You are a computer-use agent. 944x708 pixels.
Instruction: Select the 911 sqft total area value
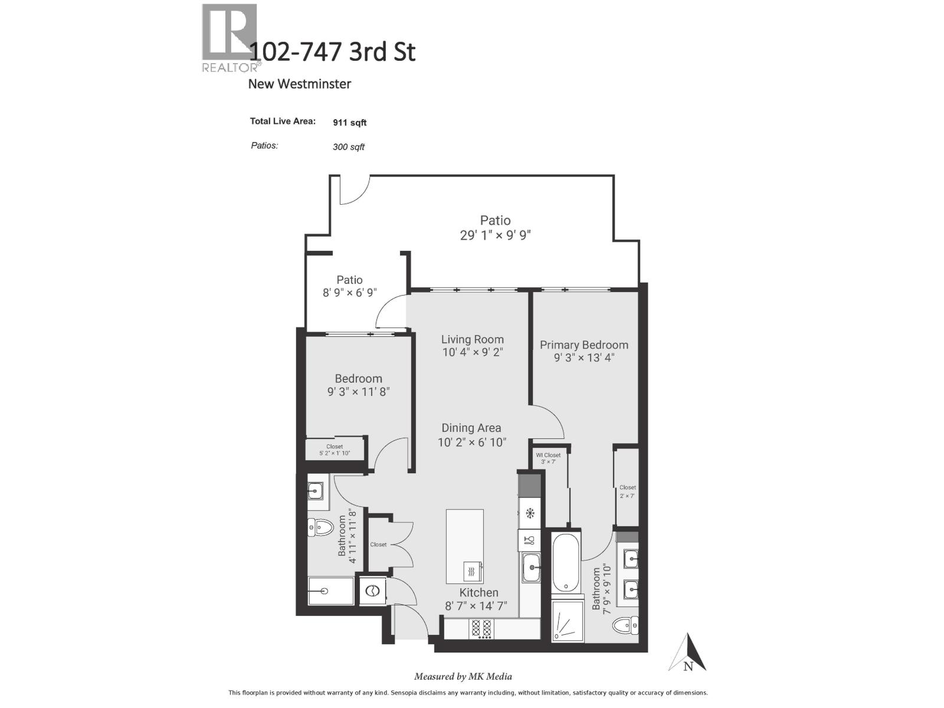click(x=349, y=123)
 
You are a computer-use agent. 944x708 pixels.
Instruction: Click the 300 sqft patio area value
click(x=348, y=147)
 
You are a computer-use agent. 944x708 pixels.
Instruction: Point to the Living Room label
click(x=472, y=339)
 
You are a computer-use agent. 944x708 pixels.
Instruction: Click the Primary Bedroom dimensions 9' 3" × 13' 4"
click(x=584, y=358)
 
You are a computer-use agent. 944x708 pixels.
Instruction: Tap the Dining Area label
click(x=471, y=428)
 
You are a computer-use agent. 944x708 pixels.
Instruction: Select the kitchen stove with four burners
click(x=481, y=628)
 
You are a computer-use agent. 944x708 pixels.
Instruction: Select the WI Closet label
click(x=548, y=455)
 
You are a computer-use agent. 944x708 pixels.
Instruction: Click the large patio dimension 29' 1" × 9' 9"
click(x=495, y=235)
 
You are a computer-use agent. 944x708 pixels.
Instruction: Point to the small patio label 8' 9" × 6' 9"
click(x=349, y=292)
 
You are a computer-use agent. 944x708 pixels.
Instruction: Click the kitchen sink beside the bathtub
click(x=531, y=568)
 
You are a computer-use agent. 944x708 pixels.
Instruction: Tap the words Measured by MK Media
click(x=463, y=677)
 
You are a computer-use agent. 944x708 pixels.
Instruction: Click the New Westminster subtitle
click(x=299, y=84)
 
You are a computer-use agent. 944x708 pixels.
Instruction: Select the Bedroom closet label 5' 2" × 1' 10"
click(x=335, y=453)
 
